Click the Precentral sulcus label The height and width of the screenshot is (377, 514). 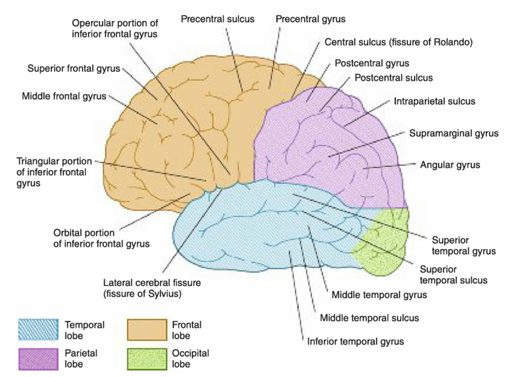(217, 19)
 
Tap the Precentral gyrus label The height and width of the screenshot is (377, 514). (310, 19)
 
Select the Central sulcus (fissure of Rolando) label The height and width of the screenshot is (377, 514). (398, 41)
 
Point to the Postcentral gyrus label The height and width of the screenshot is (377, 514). (372, 64)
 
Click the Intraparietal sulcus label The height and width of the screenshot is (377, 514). (434, 101)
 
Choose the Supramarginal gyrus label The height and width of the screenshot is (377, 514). (454, 133)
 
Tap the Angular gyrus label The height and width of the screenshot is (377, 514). (450, 165)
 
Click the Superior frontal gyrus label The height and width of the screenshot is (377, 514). (74, 69)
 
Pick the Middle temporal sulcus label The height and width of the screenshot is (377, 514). (369, 318)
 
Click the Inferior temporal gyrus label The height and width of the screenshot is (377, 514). (355, 341)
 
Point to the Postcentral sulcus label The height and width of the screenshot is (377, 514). (394, 78)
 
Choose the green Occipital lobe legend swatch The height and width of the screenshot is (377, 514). (148, 358)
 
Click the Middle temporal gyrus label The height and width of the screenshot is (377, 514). (379, 295)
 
